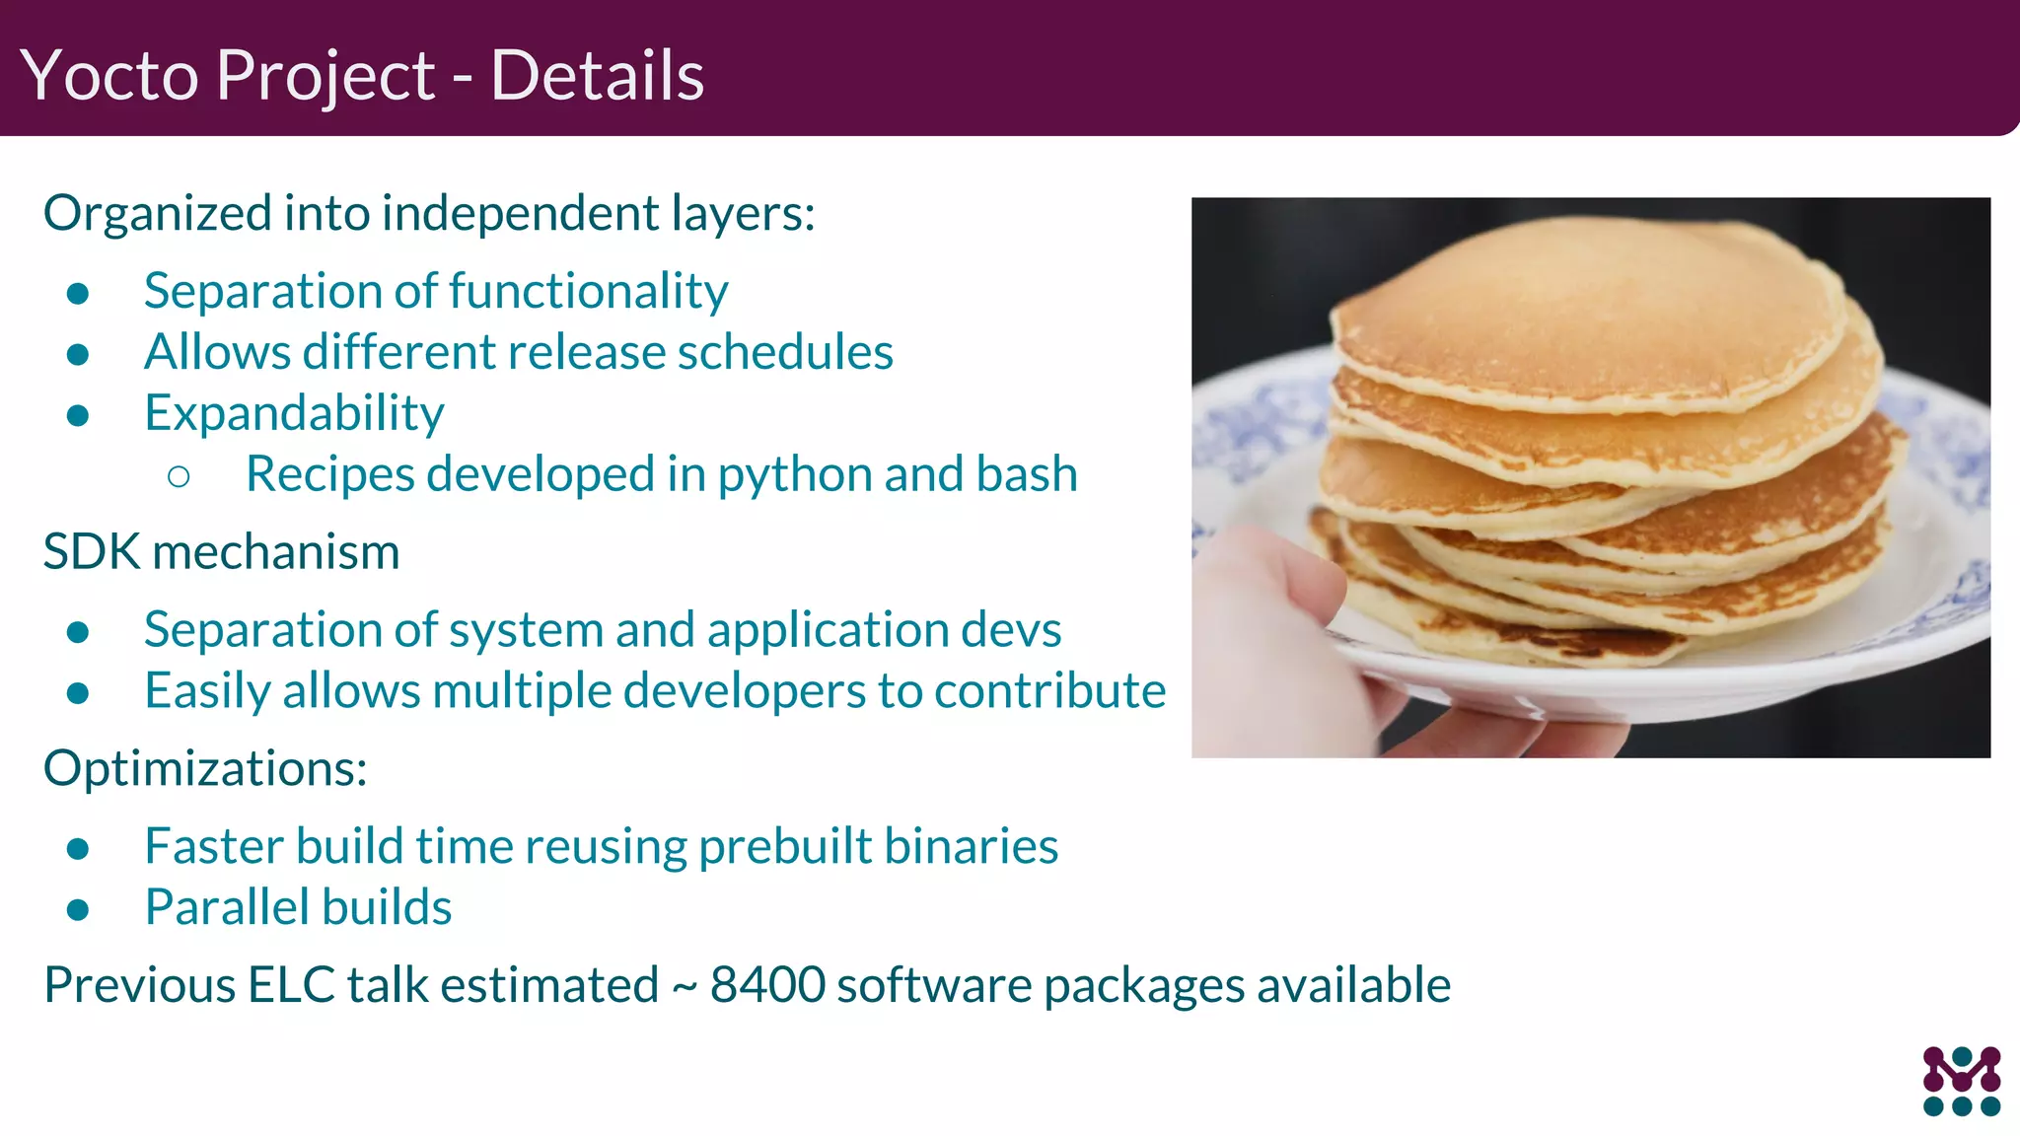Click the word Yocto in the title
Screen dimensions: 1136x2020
point(108,76)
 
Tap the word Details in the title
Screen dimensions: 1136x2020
point(597,76)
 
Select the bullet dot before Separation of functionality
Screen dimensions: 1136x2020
point(79,293)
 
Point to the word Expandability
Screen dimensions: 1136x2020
point(294,413)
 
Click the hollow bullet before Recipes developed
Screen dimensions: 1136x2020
point(179,477)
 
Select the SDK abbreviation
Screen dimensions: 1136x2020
point(92,552)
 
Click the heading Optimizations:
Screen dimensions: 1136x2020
point(205,768)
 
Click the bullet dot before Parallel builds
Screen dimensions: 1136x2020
point(79,909)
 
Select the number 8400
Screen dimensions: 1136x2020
point(767,985)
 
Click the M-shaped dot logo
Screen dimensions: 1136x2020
point(1961,1081)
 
